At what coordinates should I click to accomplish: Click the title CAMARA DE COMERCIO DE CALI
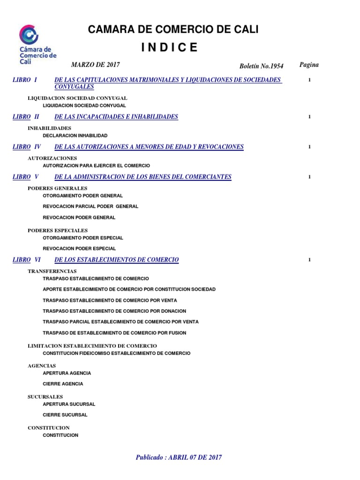click(x=173, y=30)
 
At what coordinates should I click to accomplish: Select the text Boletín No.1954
click(x=262, y=67)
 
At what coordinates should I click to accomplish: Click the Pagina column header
click(x=309, y=65)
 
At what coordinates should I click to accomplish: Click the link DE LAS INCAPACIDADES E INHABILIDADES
click(x=116, y=117)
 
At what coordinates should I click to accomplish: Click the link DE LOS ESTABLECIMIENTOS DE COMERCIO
click(x=117, y=260)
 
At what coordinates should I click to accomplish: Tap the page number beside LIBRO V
click(x=309, y=177)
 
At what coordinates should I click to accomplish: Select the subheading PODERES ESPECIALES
click(x=58, y=230)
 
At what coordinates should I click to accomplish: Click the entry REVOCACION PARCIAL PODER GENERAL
click(x=90, y=206)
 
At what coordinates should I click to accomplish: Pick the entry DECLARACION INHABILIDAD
click(x=75, y=135)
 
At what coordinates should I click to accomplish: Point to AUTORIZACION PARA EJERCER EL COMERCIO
click(x=96, y=166)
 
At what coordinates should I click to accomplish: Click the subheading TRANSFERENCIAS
click(x=52, y=271)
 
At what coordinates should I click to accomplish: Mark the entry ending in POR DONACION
click(x=114, y=311)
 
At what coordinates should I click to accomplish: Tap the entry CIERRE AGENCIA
click(x=63, y=384)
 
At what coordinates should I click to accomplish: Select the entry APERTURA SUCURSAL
click(x=69, y=404)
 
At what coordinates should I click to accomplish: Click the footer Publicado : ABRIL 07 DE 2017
click(x=179, y=457)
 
